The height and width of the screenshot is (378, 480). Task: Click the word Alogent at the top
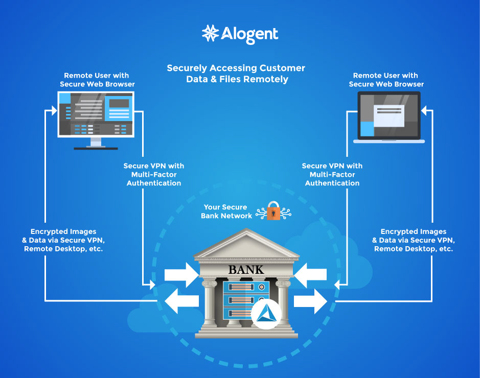click(x=249, y=34)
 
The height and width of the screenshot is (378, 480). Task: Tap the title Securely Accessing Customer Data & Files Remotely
click(x=236, y=74)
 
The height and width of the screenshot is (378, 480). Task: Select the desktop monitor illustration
click(x=96, y=119)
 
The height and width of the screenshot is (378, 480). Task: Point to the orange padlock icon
click(x=273, y=210)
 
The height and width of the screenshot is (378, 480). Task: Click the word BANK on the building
click(x=246, y=269)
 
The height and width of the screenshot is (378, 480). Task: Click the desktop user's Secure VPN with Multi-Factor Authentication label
click(x=154, y=174)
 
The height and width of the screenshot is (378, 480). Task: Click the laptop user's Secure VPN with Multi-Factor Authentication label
click(x=332, y=174)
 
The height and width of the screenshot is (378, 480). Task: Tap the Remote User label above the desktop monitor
click(x=97, y=80)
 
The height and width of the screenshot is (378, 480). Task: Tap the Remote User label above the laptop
click(x=386, y=80)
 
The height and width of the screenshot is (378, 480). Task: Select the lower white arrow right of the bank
click(x=310, y=302)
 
